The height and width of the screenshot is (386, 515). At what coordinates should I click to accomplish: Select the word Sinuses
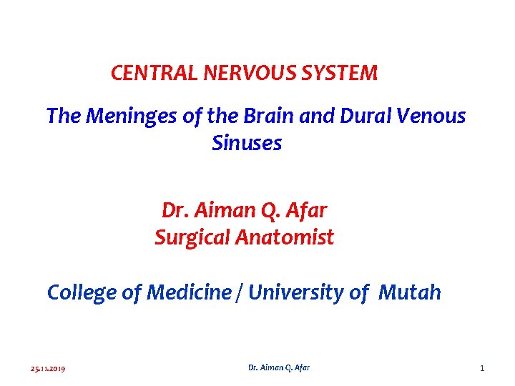coord(247,144)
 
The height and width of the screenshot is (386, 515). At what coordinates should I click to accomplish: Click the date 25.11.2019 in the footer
coord(48,368)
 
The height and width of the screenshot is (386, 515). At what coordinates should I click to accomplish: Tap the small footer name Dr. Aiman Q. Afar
coord(279,367)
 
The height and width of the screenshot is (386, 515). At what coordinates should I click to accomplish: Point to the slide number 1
coord(482,368)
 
